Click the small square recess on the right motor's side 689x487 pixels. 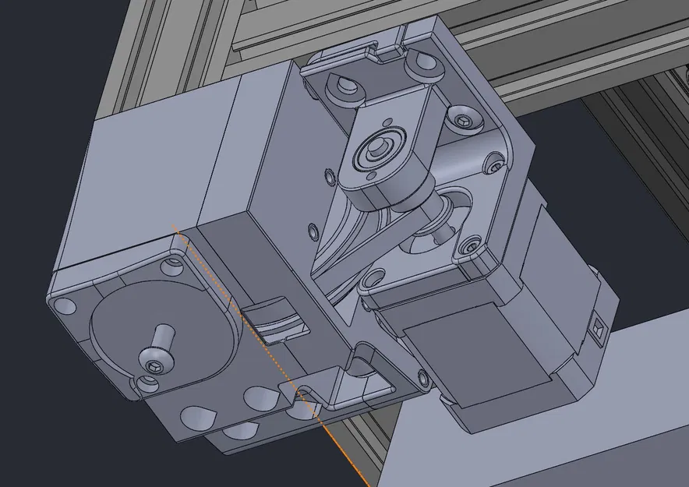point(599,328)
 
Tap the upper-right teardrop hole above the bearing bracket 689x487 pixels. point(425,60)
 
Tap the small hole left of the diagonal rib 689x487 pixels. point(313,231)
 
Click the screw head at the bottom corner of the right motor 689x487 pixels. point(424,379)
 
